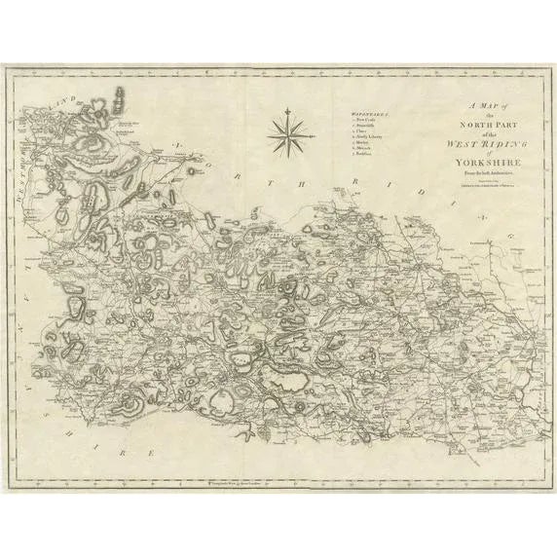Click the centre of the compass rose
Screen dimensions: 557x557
287,134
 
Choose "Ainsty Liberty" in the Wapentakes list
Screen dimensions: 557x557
352,146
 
